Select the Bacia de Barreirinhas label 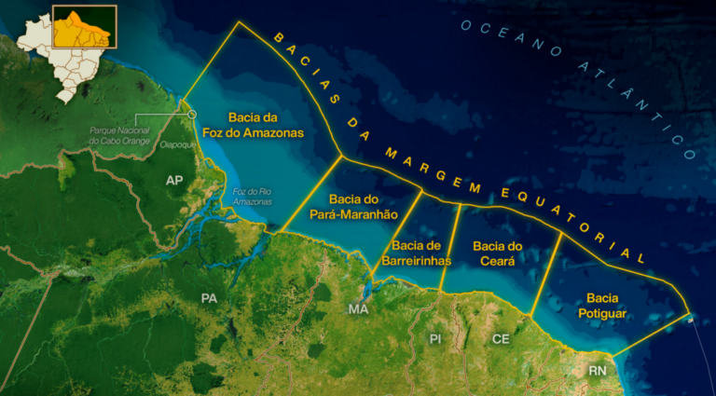point(417,253)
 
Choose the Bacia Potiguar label point(607,306)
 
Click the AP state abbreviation point(174,179)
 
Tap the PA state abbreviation point(209,297)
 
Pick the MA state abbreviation point(358,308)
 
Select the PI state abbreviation point(434,338)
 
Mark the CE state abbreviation point(501,339)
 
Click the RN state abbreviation point(598,371)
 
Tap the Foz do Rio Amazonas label point(252,196)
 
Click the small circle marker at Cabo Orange point(192,114)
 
